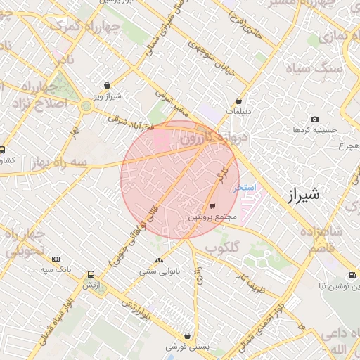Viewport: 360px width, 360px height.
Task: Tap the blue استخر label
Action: [247, 188]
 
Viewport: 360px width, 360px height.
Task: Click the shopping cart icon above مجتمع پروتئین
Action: [212, 206]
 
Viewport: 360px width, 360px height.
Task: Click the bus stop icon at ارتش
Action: [91, 275]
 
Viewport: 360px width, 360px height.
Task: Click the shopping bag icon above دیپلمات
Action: [240, 101]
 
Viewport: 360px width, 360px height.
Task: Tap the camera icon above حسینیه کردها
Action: [314, 120]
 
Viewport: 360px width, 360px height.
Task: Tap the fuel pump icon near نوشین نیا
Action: [352, 275]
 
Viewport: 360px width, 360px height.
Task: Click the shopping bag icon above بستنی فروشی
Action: [187, 336]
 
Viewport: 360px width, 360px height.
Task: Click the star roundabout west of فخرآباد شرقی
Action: [86, 107]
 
